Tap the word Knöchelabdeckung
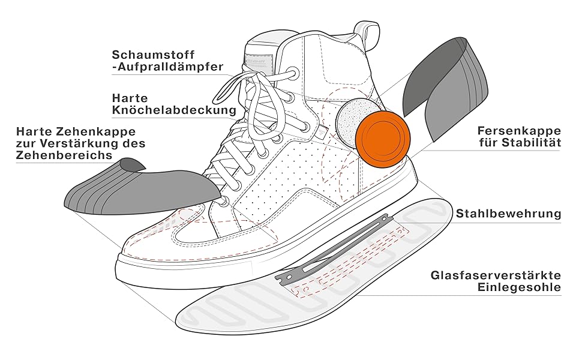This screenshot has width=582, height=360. pos(173,110)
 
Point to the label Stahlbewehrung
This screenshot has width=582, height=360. pos(508,214)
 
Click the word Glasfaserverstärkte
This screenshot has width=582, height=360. pos(496,275)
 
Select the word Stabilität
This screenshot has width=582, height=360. pos(531,143)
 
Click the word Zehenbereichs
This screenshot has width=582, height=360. pos(64,155)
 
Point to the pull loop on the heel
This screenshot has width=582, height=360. pos(366,30)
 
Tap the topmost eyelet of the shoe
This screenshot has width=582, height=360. pos(293,73)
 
